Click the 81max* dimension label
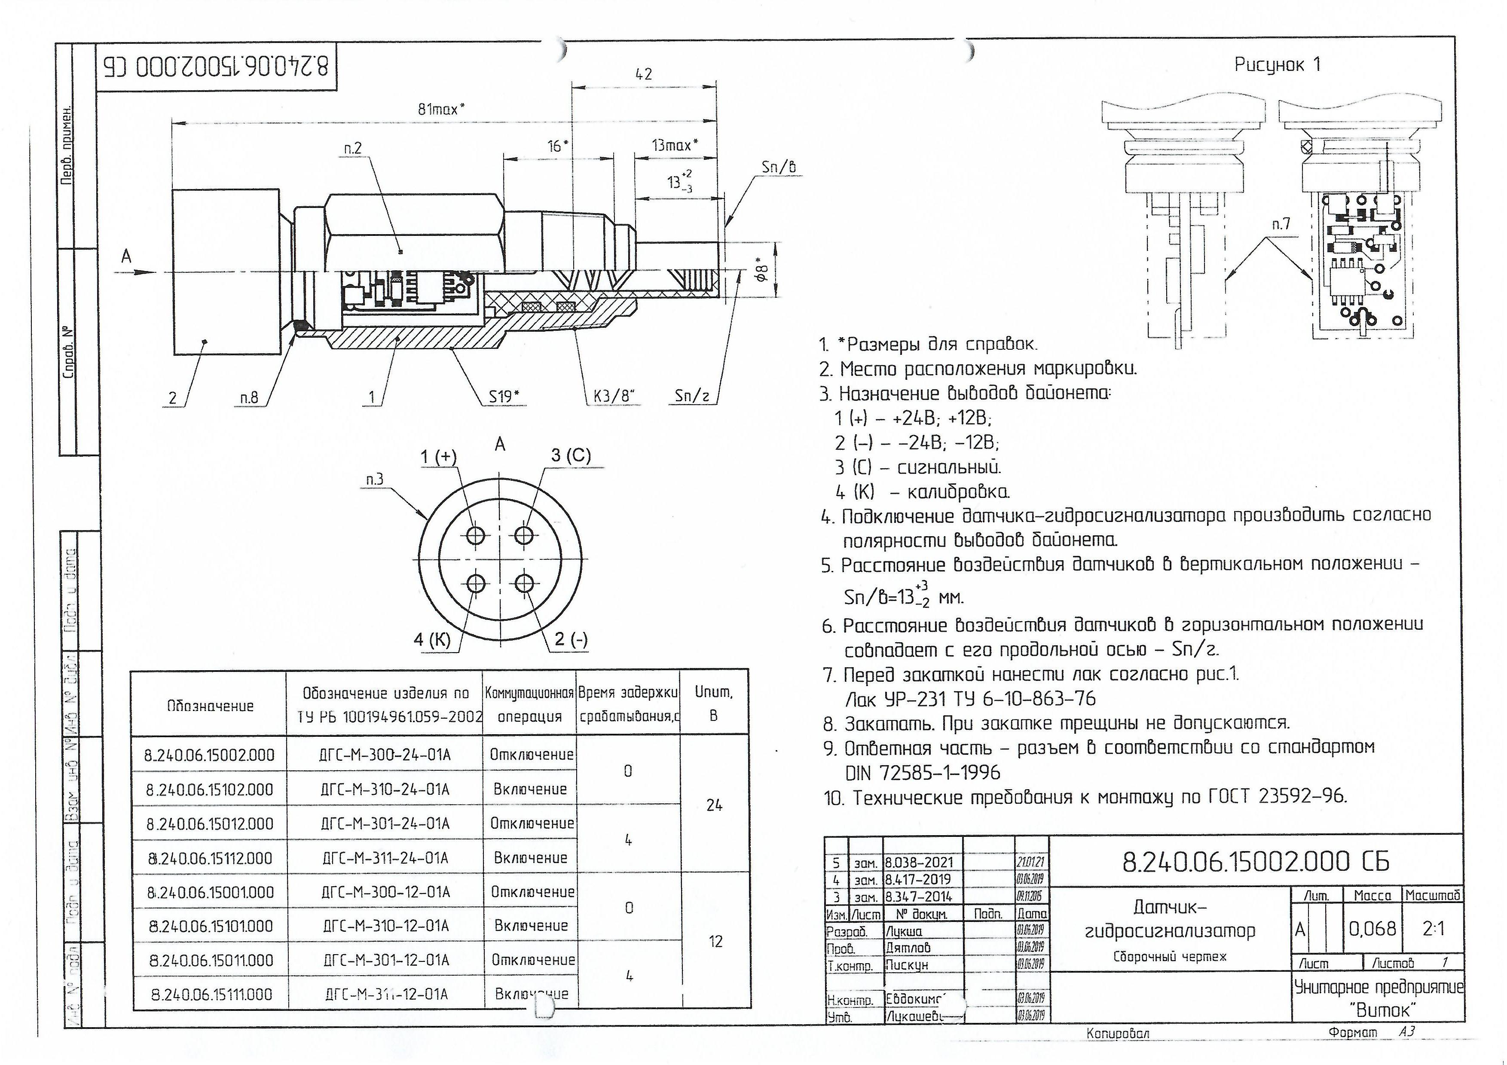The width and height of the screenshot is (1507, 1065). (x=441, y=109)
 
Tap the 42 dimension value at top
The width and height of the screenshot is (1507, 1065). (x=643, y=74)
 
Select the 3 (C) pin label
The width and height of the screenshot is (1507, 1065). (x=570, y=455)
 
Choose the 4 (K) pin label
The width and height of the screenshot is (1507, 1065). (x=432, y=640)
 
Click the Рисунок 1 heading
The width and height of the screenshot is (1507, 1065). (x=1277, y=65)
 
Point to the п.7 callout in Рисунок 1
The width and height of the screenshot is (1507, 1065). (x=1281, y=224)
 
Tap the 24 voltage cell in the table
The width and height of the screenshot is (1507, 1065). (x=714, y=805)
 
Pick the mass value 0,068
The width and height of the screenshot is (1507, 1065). (x=1373, y=928)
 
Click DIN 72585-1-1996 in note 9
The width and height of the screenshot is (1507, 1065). (x=922, y=773)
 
